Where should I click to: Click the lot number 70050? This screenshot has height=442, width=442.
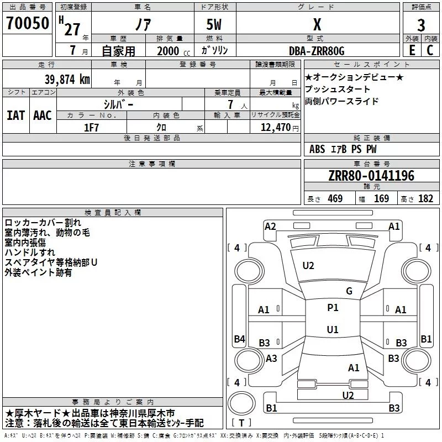click(28, 23)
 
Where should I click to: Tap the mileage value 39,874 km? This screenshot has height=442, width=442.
click(67, 80)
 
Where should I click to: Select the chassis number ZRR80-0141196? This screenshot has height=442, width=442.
click(371, 176)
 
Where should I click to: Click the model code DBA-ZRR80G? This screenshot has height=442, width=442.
click(317, 51)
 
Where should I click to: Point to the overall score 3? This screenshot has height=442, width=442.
click(421, 25)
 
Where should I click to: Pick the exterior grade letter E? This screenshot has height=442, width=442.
click(412, 50)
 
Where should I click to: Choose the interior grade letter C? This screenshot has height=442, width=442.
click(430, 50)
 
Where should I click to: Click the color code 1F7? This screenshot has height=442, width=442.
click(91, 128)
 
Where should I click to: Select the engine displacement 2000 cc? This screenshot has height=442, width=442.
click(173, 51)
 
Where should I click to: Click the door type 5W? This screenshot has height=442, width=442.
click(214, 24)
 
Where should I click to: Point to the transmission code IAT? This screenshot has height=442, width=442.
click(15, 115)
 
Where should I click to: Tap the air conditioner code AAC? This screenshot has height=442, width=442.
click(43, 115)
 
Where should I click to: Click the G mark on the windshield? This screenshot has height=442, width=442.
click(349, 291)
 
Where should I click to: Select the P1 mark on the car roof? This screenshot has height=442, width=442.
click(333, 308)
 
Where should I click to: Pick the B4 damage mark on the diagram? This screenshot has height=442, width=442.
click(240, 339)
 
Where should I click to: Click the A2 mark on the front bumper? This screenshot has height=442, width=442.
click(270, 227)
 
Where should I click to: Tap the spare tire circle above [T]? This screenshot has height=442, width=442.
click(241, 403)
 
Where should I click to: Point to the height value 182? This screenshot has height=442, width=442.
click(425, 199)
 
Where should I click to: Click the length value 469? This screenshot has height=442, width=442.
click(335, 199)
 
